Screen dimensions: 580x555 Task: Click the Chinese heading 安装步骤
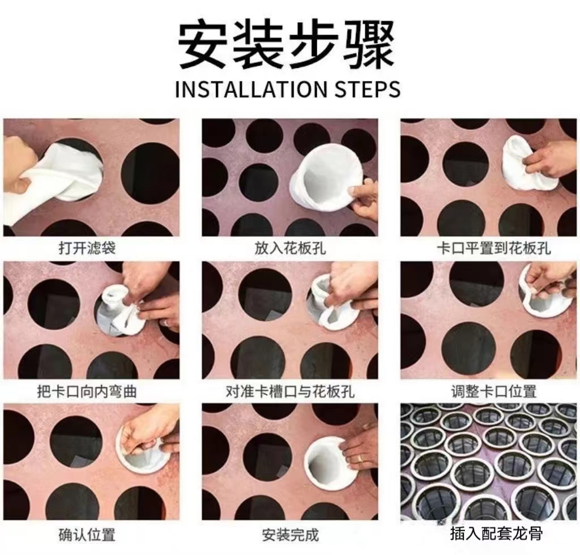[x=287, y=46]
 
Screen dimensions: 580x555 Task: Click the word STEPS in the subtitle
[x=367, y=89]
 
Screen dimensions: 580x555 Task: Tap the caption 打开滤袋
[x=87, y=247]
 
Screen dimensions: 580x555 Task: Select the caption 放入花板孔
[x=290, y=247]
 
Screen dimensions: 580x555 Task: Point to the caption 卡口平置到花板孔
[x=494, y=247]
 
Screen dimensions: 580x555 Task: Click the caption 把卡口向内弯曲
[x=87, y=391]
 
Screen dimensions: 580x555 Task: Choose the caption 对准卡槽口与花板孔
[x=290, y=391]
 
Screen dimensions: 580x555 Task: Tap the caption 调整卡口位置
[x=494, y=391]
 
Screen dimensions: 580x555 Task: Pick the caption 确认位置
[x=87, y=535]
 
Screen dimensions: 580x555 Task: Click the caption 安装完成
[x=290, y=535]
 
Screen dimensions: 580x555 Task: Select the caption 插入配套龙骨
[x=496, y=533]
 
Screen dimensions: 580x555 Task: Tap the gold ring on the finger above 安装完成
[x=360, y=459]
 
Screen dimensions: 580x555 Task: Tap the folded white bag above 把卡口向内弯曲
[x=118, y=310]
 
